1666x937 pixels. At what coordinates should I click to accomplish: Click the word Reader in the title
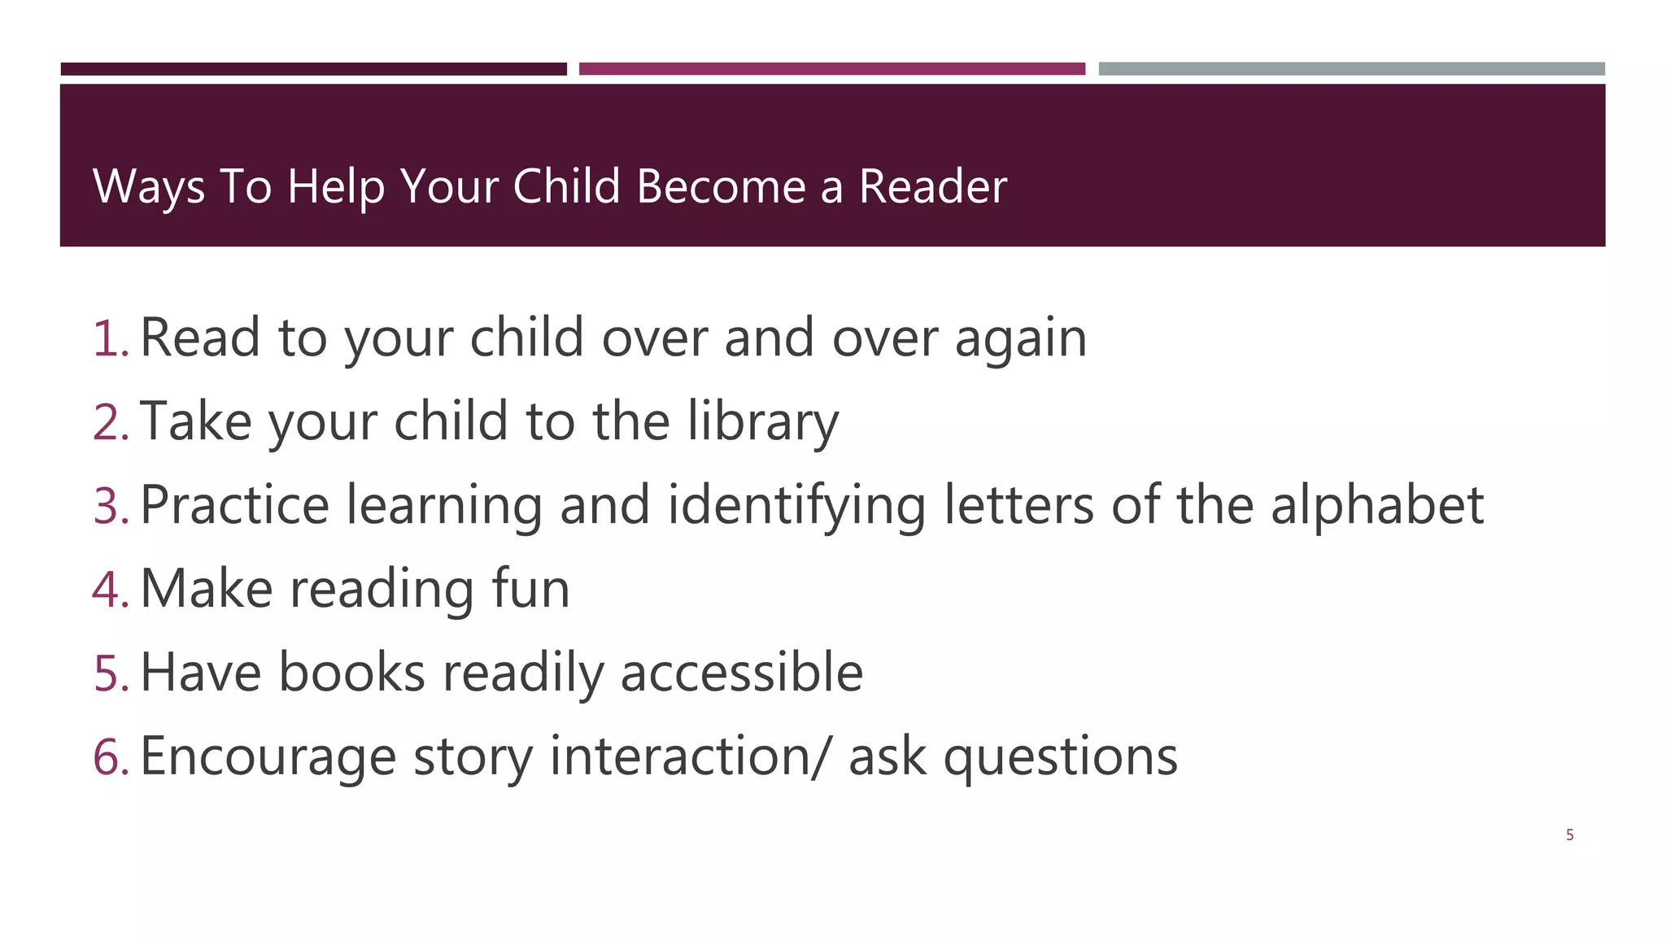coord(932,186)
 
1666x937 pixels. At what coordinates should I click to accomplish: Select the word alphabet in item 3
coord(1376,506)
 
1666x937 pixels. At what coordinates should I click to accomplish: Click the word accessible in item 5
coord(741,673)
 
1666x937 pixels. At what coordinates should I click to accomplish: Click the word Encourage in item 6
coord(268,757)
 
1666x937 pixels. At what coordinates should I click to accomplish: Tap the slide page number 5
coord(1569,835)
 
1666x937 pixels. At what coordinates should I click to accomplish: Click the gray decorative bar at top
coord(1351,69)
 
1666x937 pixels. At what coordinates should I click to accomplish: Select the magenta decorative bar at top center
coord(831,69)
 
